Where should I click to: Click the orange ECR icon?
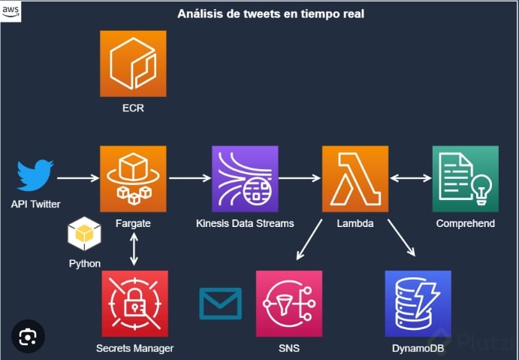pyautogui.click(x=133, y=64)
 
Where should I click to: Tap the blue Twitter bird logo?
pyautogui.click(x=35, y=175)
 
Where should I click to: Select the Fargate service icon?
pyautogui.click(x=133, y=179)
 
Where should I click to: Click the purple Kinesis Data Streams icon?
pyautogui.click(x=245, y=179)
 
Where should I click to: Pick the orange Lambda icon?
pyautogui.click(x=355, y=179)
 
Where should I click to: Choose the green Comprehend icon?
pyautogui.click(x=465, y=179)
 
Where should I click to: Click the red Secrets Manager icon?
pyautogui.click(x=135, y=304)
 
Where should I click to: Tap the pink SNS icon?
pyautogui.click(x=289, y=304)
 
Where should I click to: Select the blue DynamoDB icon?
pyautogui.click(x=418, y=304)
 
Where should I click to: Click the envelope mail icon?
pyautogui.click(x=220, y=304)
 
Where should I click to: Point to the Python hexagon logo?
pyautogui.click(x=84, y=234)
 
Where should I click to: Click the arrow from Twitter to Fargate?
pyautogui.click(x=78, y=179)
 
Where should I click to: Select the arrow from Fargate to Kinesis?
pyautogui.click(x=189, y=179)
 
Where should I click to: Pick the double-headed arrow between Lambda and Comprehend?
pyautogui.click(x=410, y=179)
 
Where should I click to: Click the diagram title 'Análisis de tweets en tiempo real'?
pyautogui.click(x=270, y=14)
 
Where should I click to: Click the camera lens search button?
pyautogui.click(x=27, y=336)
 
